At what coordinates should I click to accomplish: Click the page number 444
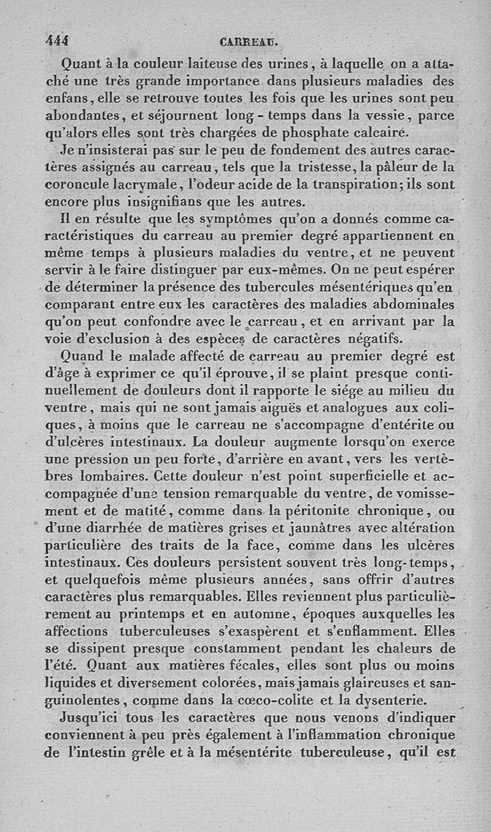point(57,41)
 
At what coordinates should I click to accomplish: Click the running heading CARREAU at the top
point(249,43)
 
